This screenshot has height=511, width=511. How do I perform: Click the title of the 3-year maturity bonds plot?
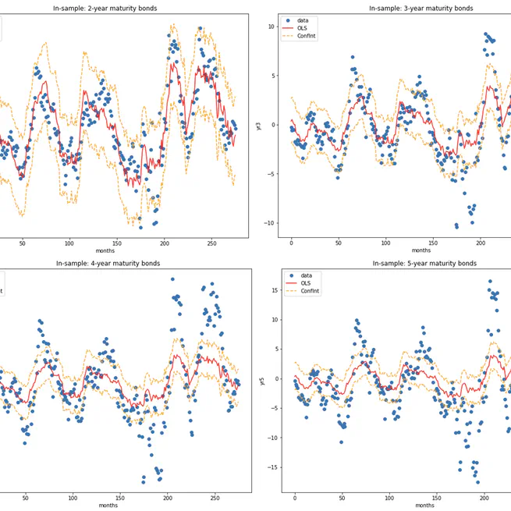coord(421,8)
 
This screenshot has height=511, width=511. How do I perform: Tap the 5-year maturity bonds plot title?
coord(421,264)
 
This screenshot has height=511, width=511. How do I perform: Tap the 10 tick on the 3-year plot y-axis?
coord(271,27)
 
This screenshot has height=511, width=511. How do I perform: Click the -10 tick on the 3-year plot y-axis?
coord(269,223)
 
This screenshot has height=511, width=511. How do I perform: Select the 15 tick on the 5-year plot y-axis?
coord(274,290)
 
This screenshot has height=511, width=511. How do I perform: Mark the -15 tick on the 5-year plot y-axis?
coord(272,467)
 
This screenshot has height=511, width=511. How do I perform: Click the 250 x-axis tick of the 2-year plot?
coord(212,243)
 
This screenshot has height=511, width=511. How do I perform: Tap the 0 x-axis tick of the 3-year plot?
coord(292,243)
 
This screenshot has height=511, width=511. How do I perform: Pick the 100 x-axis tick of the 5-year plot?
coord(389,499)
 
